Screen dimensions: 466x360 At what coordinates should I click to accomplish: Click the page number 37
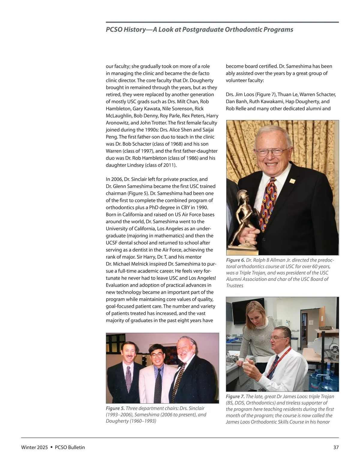pos(336,447)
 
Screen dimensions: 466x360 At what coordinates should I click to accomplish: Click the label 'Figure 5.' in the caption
pos(115,408)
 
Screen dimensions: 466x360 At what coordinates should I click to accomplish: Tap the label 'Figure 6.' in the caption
pos(235,260)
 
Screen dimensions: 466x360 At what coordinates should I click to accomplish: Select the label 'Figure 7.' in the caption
pos(235,397)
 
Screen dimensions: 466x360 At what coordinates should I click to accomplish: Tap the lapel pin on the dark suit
pos(292,181)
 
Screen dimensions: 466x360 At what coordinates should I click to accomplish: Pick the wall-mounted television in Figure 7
pos(244,309)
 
